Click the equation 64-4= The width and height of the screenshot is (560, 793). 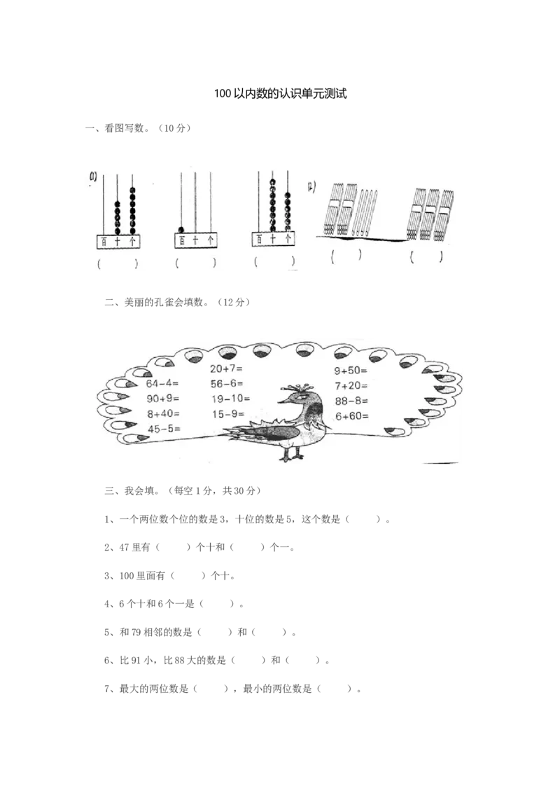pyautogui.click(x=162, y=384)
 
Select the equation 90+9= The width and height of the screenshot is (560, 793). pyautogui.click(x=162, y=399)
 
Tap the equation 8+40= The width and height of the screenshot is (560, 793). pyautogui.click(x=162, y=413)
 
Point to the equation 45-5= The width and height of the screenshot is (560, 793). pyautogui.click(x=162, y=428)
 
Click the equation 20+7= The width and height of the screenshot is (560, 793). pyautogui.click(x=226, y=369)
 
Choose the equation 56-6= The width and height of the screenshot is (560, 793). pyautogui.click(x=226, y=384)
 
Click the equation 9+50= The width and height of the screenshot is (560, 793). pyautogui.click(x=351, y=371)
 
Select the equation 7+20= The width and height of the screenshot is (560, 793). pyautogui.click(x=351, y=385)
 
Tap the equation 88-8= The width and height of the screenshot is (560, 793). pyautogui.click(x=351, y=401)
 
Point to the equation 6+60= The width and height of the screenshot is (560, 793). pyautogui.click(x=351, y=415)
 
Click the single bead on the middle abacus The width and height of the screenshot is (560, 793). pyautogui.click(x=181, y=230)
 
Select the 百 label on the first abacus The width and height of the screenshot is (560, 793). pyautogui.click(x=104, y=242)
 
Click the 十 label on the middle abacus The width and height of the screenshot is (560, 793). pyautogui.click(x=195, y=241)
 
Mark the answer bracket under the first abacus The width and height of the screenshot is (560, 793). pyautogui.click(x=117, y=263)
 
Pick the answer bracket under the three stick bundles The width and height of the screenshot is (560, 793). pyautogui.click(x=426, y=257)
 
